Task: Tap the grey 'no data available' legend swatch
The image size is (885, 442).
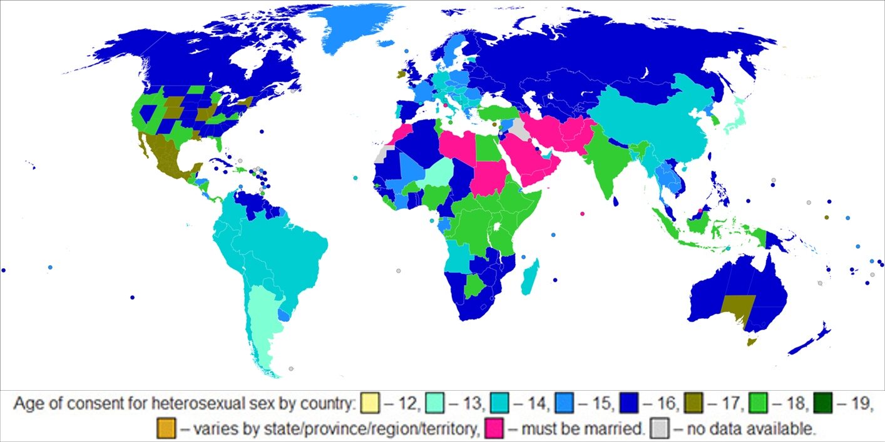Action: point(662,428)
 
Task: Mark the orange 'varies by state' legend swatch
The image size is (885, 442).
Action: point(166,428)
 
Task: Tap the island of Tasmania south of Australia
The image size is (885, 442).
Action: point(753,341)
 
